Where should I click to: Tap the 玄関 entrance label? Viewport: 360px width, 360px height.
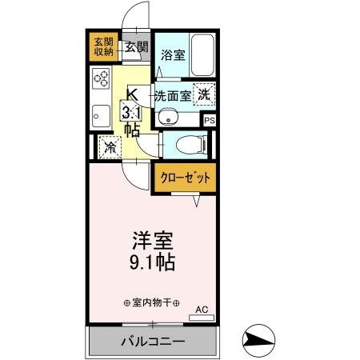tap(136, 46)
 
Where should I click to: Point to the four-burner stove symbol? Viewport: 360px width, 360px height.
tap(102, 78)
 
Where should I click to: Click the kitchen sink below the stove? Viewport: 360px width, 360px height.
tap(100, 114)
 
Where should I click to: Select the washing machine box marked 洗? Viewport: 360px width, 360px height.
tap(205, 93)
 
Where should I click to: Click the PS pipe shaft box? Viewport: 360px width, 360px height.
tap(210, 120)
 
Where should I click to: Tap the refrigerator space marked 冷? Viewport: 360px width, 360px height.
tap(110, 147)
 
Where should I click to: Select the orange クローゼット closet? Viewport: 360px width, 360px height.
tap(185, 178)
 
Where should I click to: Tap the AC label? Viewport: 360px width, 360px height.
tap(202, 309)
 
